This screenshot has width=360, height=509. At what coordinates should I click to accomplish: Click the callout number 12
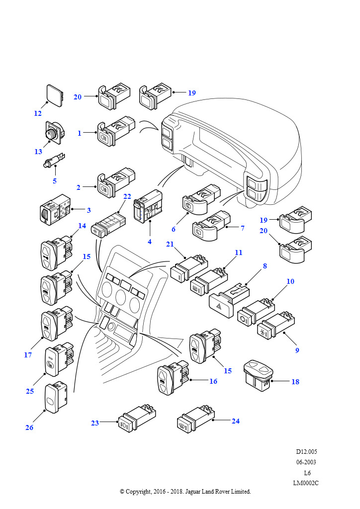pyautogui.click(x=38, y=113)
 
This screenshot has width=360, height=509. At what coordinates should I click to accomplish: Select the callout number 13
pyautogui.click(x=38, y=152)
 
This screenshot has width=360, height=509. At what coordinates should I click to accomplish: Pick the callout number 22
pyautogui.click(x=127, y=197)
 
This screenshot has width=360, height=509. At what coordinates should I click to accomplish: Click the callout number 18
pyautogui.click(x=295, y=382)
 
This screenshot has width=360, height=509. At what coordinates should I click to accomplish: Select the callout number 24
pyautogui.click(x=236, y=421)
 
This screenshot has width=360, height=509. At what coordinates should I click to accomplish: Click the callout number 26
pyautogui.click(x=29, y=427)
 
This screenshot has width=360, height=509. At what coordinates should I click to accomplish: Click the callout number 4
pyautogui.click(x=150, y=242)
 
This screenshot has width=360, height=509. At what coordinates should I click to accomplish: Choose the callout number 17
pyautogui.click(x=28, y=355)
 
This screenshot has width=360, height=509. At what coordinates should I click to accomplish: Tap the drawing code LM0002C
pyautogui.click(x=306, y=483)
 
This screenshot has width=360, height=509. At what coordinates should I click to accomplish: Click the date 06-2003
pyautogui.click(x=306, y=462)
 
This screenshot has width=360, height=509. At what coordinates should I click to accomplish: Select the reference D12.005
pyautogui.click(x=306, y=452)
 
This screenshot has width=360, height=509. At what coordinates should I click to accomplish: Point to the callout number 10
pyautogui.click(x=290, y=281)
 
